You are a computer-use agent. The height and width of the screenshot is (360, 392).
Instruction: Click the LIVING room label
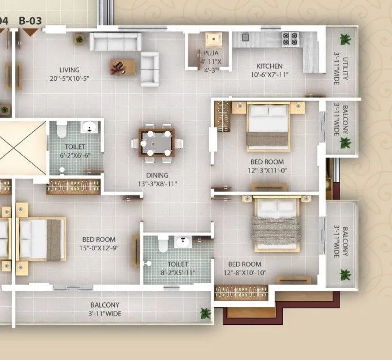coord(69,70)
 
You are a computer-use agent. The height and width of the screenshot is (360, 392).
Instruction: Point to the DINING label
coord(156,175)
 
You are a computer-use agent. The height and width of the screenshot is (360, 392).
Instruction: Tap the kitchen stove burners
coord(289,39)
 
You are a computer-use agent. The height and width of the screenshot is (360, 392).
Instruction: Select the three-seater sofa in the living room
coord(116,42)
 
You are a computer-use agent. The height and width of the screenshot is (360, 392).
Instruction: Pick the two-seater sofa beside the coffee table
coord(150,68)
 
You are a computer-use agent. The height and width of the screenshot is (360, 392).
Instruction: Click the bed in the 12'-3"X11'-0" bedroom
coord(268,123)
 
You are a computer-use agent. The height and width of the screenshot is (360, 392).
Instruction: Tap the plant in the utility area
coord(345,39)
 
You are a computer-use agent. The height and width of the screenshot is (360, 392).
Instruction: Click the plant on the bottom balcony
coord(206,313)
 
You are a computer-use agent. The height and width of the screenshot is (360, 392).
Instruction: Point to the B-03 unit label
coord(31,21)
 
